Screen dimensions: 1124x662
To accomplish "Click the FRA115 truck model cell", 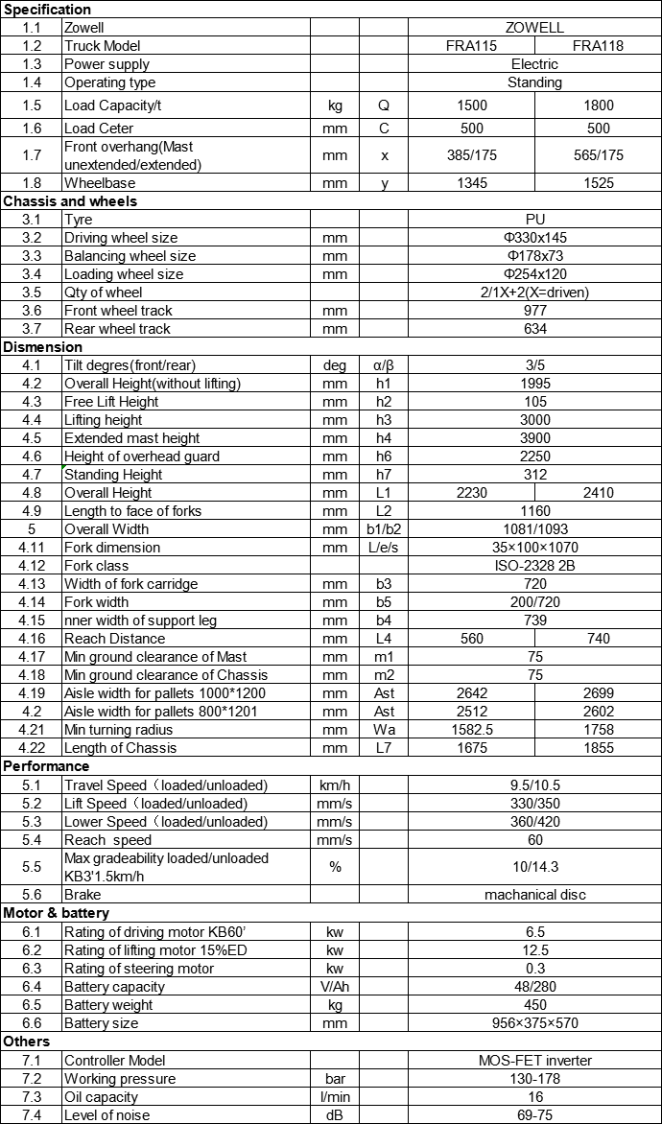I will [472, 46].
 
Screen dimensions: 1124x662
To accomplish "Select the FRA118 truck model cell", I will [599, 46].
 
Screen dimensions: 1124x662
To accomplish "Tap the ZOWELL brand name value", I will [534, 28].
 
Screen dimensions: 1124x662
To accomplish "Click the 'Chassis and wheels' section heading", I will [70, 201].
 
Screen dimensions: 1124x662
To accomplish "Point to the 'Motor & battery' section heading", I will [57, 913].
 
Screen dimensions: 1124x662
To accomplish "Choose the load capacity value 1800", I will [599, 105].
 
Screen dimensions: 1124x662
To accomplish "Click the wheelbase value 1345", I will [472, 183].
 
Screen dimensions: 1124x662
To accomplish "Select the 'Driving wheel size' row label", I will [121, 238].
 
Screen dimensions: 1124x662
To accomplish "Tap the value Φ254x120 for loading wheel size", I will [534, 274].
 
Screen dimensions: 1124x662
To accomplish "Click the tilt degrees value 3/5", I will [534, 365].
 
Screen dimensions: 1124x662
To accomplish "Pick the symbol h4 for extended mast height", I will [384, 438].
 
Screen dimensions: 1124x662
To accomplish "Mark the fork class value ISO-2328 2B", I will [534, 566].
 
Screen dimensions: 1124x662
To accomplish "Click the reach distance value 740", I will [599, 639].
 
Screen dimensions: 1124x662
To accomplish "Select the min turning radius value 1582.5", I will [472, 730].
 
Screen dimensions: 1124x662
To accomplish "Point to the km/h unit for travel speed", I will [335, 785].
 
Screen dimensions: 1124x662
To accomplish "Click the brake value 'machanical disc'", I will [534, 895].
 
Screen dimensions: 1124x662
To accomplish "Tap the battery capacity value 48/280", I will [534, 987].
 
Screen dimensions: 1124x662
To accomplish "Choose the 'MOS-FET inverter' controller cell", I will [534, 1061].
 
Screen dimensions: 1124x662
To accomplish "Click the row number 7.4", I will [32, 1115].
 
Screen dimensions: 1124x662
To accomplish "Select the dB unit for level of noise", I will [335, 1115].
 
